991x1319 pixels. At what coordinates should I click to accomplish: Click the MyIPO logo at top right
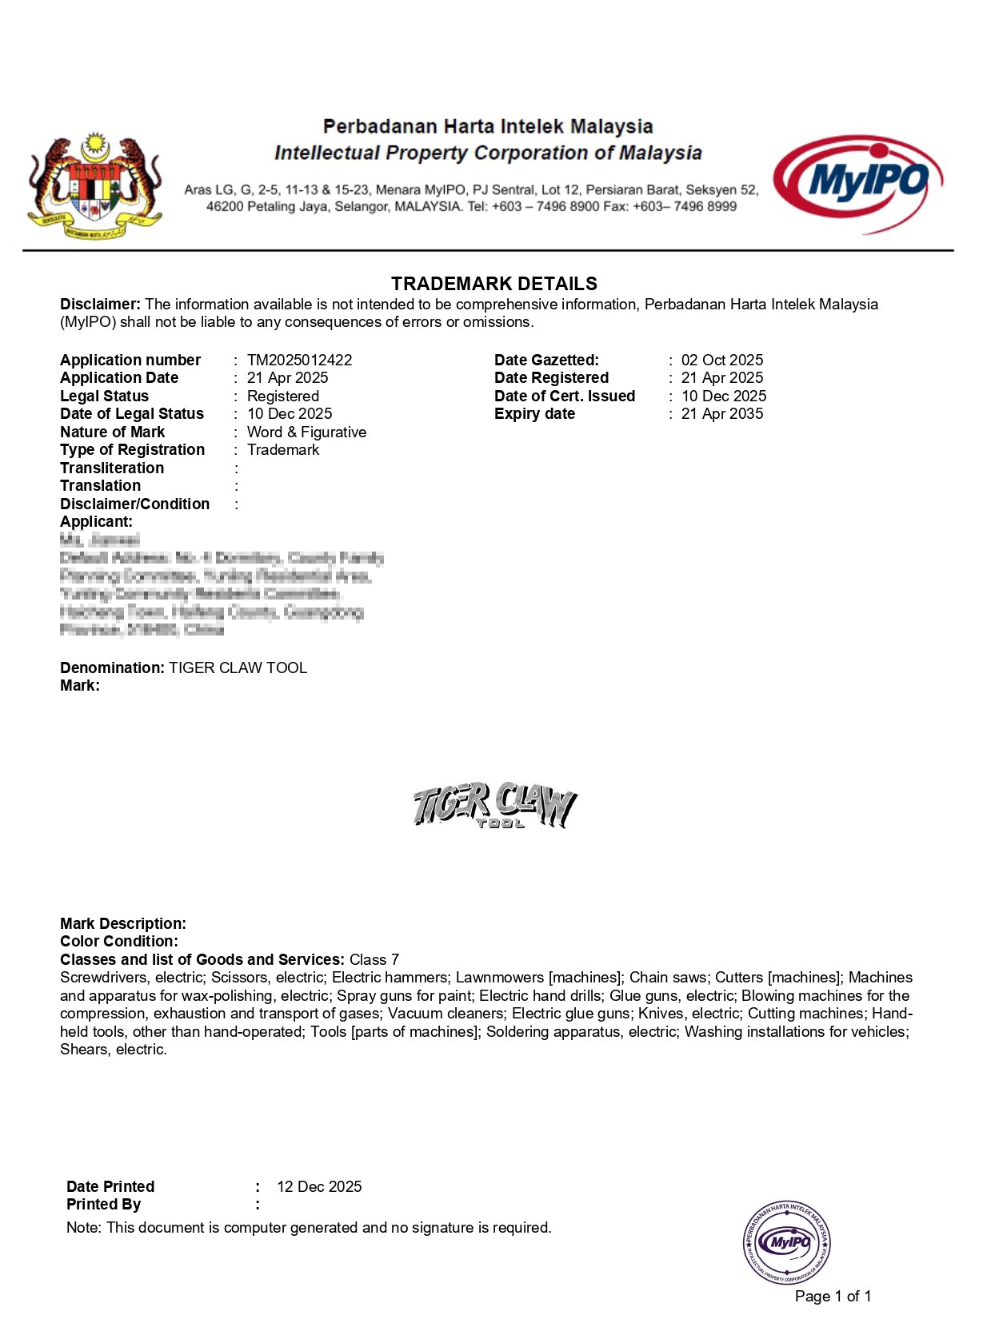[857, 183]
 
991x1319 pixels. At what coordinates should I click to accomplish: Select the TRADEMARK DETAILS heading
[494, 284]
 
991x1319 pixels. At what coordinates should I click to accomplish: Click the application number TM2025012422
[299, 361]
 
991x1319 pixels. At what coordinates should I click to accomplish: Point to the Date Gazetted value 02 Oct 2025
[721, 361]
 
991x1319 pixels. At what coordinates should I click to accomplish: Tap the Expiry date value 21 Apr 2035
[721, 414]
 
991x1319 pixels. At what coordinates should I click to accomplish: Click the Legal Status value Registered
[282, 396]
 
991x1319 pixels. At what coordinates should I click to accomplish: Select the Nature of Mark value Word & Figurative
[306, 432]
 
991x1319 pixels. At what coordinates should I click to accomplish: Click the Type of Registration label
[132, 450]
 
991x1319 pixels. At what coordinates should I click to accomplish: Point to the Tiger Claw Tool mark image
[494, 804]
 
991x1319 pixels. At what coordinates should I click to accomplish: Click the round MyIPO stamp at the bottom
[787, 1242]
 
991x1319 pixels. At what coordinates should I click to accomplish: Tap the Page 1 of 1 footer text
[833, 1297]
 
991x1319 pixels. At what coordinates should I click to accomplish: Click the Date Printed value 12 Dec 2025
[319, 1187]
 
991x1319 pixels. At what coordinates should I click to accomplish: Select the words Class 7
[374, 960]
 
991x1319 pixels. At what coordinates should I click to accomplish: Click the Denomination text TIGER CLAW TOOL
[238, 668]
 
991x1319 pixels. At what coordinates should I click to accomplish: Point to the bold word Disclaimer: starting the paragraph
[100, 305]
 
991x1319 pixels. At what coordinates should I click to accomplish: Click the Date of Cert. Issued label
[564, 396]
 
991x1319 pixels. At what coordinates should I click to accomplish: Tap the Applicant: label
[96, 522]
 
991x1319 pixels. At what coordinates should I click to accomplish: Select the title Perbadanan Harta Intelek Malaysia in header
[487, 126]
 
